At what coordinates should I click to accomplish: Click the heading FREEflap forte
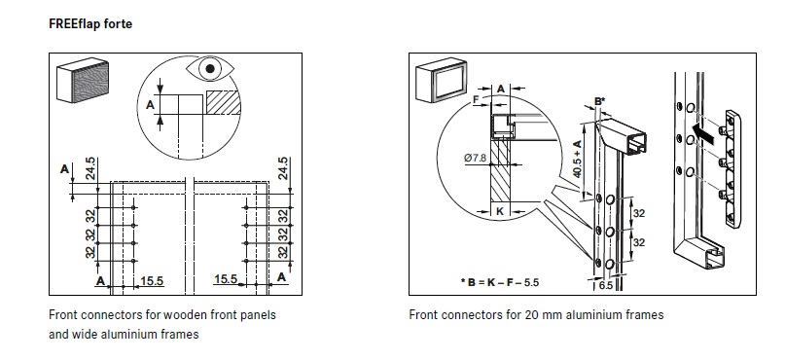click(90, 23)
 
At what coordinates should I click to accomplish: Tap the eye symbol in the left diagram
click(211, 69)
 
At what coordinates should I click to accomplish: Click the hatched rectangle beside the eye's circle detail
click(224, 102)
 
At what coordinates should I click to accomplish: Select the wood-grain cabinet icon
click(83, 81)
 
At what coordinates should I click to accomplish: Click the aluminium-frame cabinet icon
click(441, 80)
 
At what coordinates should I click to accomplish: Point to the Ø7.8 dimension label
click(475, 158)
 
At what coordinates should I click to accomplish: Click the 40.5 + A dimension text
click(577, 159)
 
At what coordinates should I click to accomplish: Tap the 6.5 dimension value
click(606, 285)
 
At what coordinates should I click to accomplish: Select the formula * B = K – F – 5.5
click(500, 282)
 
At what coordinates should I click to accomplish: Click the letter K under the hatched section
click(500, 212)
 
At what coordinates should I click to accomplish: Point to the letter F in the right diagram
click(476, 99)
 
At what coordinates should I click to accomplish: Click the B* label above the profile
click(600, 101)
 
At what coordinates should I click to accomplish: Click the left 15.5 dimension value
click(152, 281)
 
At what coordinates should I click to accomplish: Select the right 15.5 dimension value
click(226, 279)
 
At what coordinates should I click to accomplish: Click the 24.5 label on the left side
click(89, 168)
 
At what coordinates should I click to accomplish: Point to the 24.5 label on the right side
click(283, 168)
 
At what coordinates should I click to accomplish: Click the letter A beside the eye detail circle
click(150, 106)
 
